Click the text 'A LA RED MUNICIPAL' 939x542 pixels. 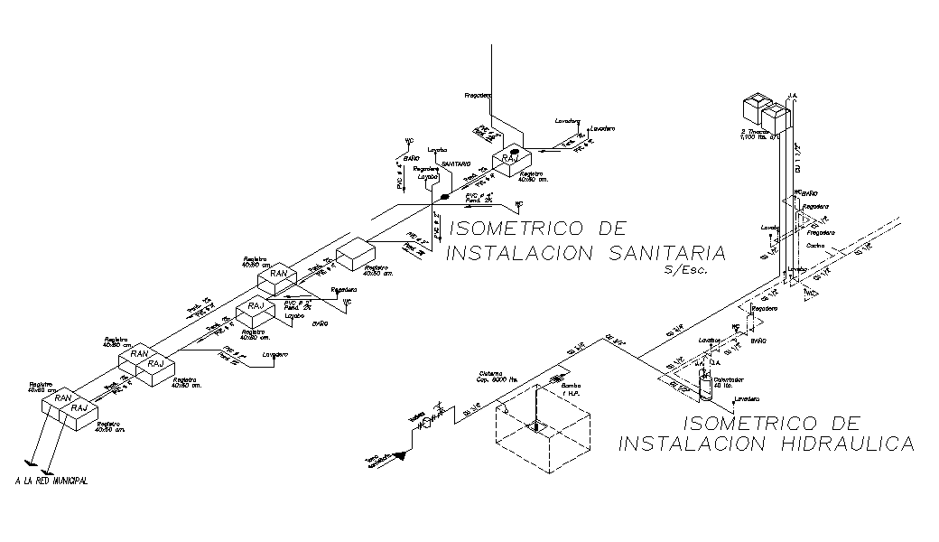pos(51,481)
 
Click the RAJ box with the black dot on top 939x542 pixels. pos(511,159)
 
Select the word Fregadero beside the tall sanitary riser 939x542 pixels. pos(478,95)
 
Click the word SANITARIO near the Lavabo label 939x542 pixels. pos(456,164)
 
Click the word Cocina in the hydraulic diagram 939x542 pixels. pos(814,245)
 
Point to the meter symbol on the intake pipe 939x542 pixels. pos(428,423)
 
